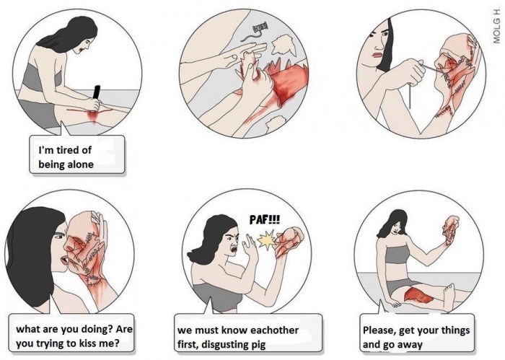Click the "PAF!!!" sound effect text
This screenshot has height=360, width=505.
coord(265,220)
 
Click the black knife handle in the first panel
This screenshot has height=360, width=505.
coord(96,93)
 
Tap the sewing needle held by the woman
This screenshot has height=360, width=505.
coord(431,69)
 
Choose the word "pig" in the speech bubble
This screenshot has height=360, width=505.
coord(258,345)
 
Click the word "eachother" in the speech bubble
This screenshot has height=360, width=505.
coord(274,330)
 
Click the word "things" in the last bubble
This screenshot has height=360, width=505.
coord(455,330)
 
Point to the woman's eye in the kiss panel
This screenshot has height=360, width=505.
coord(58,237)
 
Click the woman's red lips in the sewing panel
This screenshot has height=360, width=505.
coord(376,55)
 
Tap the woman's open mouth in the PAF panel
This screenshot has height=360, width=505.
coord(234,249)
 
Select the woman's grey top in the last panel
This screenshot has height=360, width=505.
coord(397,255)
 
